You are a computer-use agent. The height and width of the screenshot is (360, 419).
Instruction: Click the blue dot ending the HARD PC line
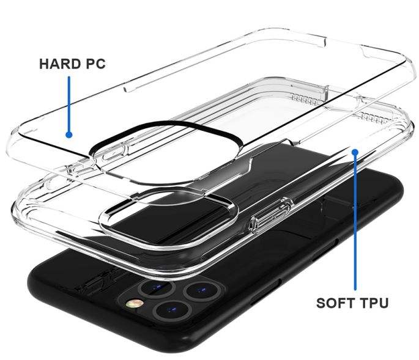pos(69,134)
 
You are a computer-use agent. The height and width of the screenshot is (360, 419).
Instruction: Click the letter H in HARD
pos(45,64)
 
